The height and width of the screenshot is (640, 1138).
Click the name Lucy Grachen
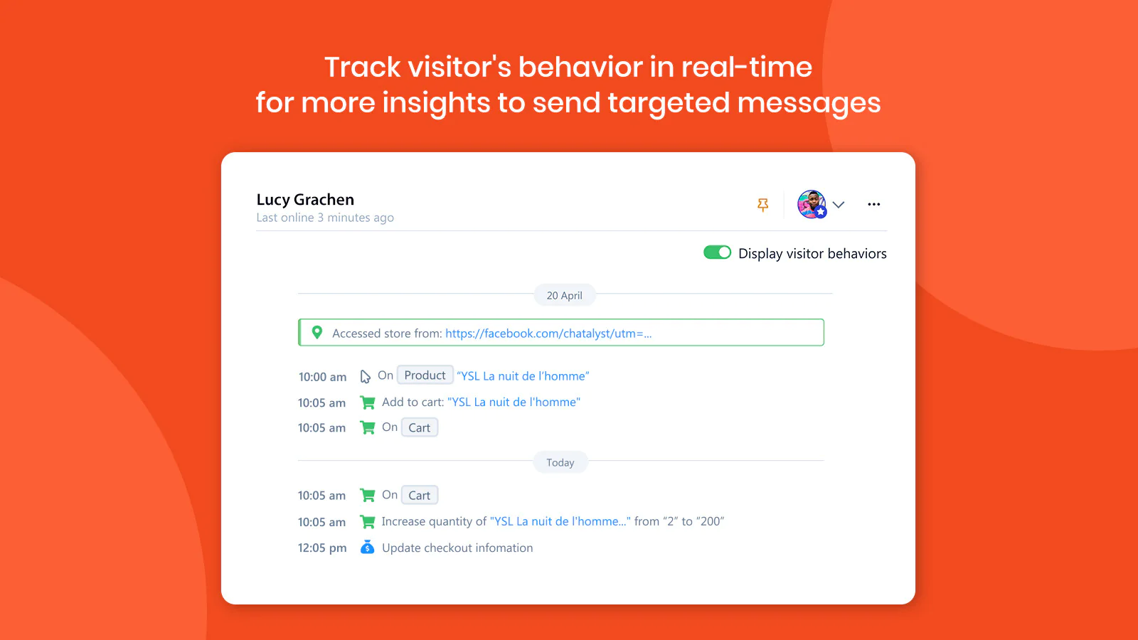click(x=305, y=200)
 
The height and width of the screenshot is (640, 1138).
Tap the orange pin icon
click(x=762, y=205)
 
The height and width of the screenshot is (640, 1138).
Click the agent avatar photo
click(x=812, y=204)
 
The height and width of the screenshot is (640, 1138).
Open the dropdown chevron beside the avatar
click(x=839, y=205)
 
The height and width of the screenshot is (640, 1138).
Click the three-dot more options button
click(x=874, y=204)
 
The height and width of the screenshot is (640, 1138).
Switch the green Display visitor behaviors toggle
click(x=717, y=252)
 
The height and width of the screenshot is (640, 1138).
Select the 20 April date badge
click(x=565, y=295)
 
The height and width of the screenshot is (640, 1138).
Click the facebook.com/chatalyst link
click(x=548, y=334)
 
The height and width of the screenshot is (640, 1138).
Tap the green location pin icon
click(x=317, y=332)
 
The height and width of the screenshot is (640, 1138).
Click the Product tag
click(x=425, y=375)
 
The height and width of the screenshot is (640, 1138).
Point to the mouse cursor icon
click(x=365, y=376)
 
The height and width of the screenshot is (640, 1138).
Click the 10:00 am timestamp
click(x=322, y=377)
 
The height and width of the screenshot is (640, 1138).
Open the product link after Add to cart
click(x=514, y=402)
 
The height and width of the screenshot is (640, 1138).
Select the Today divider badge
click(x=560, y=462)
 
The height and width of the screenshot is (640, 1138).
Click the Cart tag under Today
click(x=419, y=495)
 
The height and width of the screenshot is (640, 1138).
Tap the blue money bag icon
click(x=367, y=547)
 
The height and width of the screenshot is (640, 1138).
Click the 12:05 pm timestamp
click(x=322, y=548)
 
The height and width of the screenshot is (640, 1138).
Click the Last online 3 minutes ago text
click(x=324, y=218)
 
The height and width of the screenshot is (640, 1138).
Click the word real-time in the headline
click(x=746, y=67)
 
